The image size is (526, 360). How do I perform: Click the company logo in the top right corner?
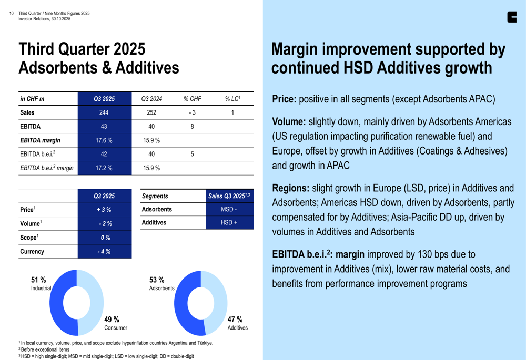tap(512, 17)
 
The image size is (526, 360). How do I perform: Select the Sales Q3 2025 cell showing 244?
tap(104, 112)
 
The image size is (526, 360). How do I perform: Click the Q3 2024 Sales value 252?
tap(151, 112)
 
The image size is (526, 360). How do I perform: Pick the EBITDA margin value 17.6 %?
tap(104, 140)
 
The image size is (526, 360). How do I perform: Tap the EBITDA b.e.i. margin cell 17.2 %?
tap(104, 168)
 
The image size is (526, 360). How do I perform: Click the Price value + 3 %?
tap(104, 210)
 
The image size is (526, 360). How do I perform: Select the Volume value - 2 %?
tap(104, 224)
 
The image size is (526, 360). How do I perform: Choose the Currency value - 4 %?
tap(104, 252)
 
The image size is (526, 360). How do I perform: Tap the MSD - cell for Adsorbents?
tap(229, 209)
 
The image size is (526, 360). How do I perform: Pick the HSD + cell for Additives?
tap(229, 223)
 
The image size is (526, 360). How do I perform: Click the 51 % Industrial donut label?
tap(40, 284)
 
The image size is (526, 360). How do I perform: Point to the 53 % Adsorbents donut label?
tap(161, 284)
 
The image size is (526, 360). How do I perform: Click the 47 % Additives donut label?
tap(236, 323)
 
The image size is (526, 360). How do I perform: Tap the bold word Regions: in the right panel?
tap(290, 188)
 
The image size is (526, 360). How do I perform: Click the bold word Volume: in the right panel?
tap(289, 122)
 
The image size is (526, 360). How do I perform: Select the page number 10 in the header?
tap(12, 14)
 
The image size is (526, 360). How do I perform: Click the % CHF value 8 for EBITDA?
tap(192, 127)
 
